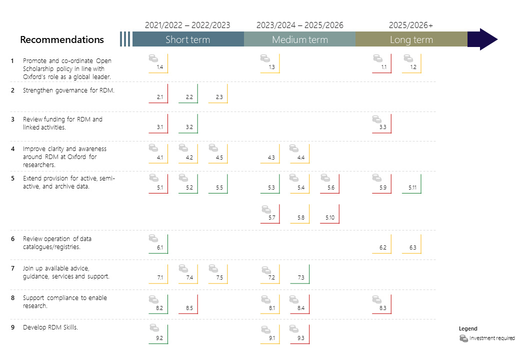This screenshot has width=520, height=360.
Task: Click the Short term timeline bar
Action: pyautogui.click(x=188, y=39)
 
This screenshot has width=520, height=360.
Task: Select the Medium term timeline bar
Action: pyautogui.click(x=300, y=39)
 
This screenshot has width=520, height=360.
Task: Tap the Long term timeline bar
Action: pyautogui.click(x=411, y=39)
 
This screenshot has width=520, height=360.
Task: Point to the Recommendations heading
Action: pyautogui.click(x=62, y=39)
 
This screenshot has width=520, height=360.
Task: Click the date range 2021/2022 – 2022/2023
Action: pyautogui.click(x=187, y=25)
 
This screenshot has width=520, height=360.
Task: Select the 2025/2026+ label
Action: pyautogui.click(x=411, y=25)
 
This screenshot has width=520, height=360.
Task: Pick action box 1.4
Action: pyautogui.click(x=158, y=63)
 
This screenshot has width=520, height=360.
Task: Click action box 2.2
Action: pyautogui.click(x=188, y=94)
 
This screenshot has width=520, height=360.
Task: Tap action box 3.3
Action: pyautogui.click(x=382, y=124)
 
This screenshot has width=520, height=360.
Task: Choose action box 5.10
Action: pyautogui.click(x=330, y=214)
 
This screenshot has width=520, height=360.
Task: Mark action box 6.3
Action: pyautogui.click(x=412, y=244)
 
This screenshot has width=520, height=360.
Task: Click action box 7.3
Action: pyautogui.click(x=300, y=274)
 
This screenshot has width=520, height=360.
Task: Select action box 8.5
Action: pyautogui.click(x=188, y=304)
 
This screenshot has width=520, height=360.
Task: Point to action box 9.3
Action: pyautogui.click(x=300, y=334)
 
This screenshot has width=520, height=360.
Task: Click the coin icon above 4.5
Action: pyautogui.click(x=213, y=148)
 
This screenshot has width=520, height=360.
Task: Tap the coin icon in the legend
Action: pyautogui.click(x=463, y=338)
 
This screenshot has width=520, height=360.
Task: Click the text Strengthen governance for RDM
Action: pyautogui.click(x=68, y=90)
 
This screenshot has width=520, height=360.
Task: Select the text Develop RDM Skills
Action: pyautogui.click(x=50, y=327)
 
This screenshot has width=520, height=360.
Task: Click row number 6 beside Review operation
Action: pyautogui.click(x=12, y=238)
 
